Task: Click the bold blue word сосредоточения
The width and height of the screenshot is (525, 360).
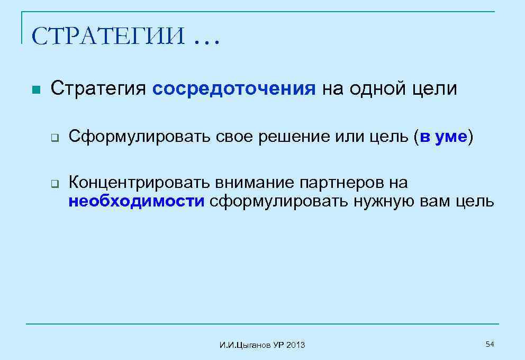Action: tap(233, 88)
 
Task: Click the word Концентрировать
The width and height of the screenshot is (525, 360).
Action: tap(139, 183)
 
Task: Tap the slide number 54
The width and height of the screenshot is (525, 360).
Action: tap(490, 345)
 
